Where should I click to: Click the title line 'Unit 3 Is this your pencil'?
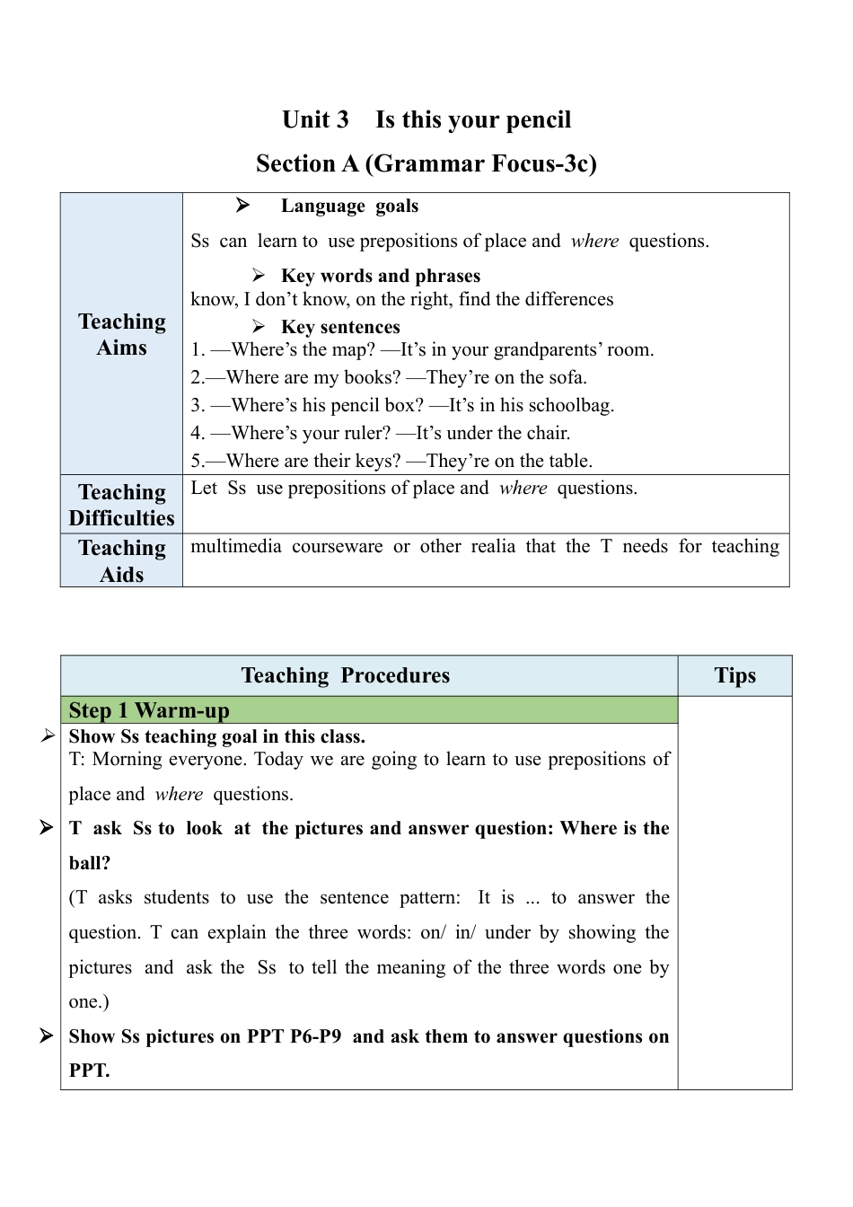426,120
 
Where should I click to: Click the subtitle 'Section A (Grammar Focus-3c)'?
426,163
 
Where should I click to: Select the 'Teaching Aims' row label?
122,334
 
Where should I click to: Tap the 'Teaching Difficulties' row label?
122,505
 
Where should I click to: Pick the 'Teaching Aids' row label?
122,560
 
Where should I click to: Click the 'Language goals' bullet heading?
349,206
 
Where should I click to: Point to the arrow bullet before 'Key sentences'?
259,326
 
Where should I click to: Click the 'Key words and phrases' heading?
380,276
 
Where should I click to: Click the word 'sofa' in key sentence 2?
567,378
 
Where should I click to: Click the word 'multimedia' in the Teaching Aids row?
236,546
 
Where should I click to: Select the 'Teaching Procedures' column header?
346,675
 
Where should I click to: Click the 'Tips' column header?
734,675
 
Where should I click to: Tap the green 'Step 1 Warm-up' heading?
149,710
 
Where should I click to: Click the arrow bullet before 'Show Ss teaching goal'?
48,736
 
